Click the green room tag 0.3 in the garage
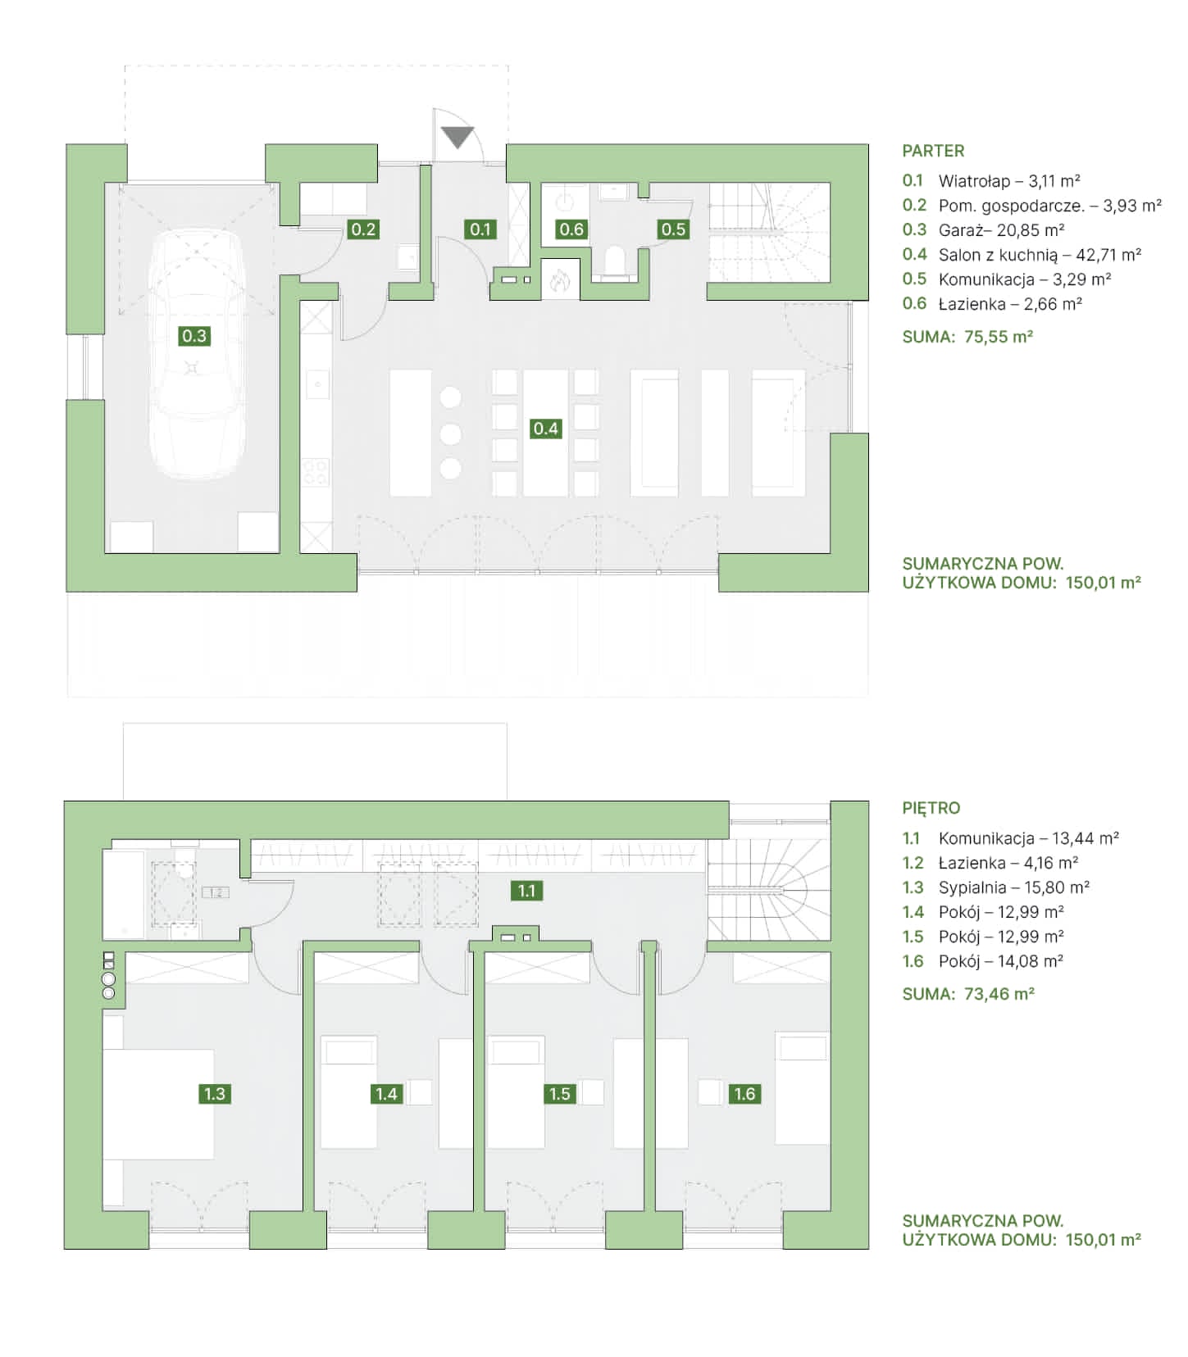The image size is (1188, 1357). tap(194, 336)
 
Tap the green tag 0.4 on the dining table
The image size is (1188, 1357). tap(546, 429)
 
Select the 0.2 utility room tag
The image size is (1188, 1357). tap(363, 229)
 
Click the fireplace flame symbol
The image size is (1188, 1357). tap(560, 280)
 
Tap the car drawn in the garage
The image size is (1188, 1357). tap(197, 354)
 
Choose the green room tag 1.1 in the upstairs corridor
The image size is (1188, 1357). tap(526, 891)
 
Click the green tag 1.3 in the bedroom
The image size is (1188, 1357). tap(215, 1094)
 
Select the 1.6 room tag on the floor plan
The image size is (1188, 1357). tap(744, 1094)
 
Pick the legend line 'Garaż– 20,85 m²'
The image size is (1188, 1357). tap(1002, 230)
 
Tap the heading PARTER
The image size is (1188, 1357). tap(933, 151)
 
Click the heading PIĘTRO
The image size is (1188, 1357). tap(931, 808)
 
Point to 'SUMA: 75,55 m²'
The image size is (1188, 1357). tap(967, 337)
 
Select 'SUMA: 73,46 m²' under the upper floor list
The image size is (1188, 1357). tap(968, 994)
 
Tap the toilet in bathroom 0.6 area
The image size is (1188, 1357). tap(614, 261)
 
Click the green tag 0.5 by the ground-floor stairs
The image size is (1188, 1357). tap(673, 229)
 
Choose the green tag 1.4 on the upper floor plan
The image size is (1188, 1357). tap(386, 1094)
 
